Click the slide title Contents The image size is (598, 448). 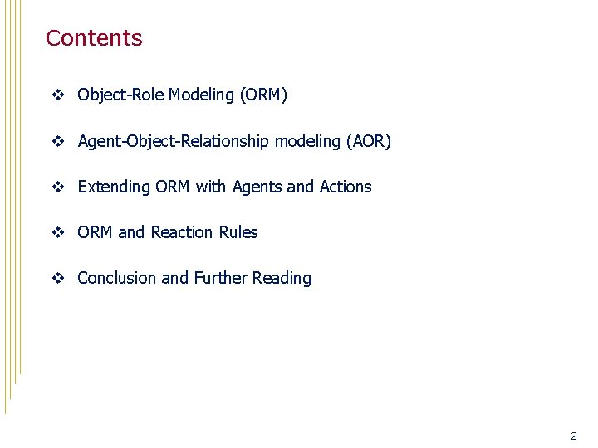tap(94, 38)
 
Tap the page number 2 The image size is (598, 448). tap(573, 436)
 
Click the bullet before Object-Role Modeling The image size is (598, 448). tap(57, 95)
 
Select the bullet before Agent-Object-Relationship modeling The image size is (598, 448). tap(57, 142)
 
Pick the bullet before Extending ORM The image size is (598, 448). tap(57, 187)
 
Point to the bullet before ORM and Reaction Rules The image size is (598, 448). tap(57, 233)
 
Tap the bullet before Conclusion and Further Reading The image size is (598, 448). tap(57, 279)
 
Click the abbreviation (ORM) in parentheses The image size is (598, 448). tap(263, 95)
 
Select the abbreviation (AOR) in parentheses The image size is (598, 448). tap(368, 142)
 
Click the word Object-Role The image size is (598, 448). tap(120, 95)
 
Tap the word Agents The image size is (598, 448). tap(257, 187)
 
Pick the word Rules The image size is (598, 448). tap(238, 233)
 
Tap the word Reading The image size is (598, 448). tap(283, 279)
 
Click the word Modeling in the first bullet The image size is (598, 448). tap(201, 95)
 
